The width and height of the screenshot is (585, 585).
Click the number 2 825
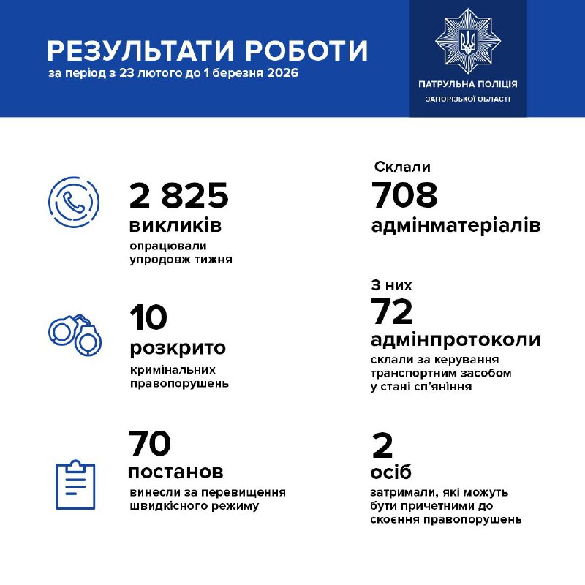(x=179, y=196)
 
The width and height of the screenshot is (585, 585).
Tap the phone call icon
(x=73, y=201)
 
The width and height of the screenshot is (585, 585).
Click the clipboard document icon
(x=75, y=484)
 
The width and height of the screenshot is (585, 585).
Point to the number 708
(x=404, y=196)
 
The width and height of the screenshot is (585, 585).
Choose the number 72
(x=393, y=312)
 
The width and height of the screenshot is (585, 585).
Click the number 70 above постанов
(x=150, y=444)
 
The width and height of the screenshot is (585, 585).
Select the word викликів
(x=175, y=224)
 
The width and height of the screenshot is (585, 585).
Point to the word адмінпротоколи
(x=456, y=340)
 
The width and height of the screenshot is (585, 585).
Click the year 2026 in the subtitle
(x=282, y=75)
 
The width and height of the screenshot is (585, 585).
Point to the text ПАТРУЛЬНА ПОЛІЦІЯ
(x=468, y=85)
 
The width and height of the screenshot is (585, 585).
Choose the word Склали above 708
(x=402, y=167)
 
